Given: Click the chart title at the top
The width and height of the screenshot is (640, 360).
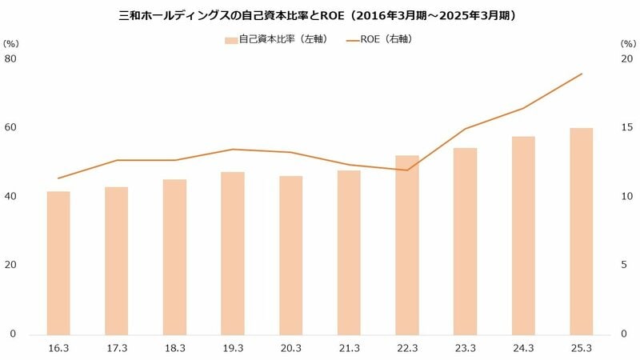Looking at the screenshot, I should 320,15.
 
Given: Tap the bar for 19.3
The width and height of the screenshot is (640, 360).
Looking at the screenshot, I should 233,253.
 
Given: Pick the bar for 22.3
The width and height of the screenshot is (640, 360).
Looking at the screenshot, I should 407,245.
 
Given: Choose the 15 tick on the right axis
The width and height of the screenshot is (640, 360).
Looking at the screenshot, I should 627,127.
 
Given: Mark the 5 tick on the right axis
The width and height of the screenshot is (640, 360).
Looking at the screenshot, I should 627,265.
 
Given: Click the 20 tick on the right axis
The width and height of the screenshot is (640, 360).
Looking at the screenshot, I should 627,58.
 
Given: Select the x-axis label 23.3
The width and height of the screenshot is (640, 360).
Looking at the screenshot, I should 466,348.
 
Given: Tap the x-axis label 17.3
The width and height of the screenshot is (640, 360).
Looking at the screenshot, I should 117,348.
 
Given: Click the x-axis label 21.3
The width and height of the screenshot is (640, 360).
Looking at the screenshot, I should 349,348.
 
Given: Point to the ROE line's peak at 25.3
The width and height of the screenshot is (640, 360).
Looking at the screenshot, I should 582,74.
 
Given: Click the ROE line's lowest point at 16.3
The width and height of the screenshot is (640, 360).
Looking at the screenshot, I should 58,178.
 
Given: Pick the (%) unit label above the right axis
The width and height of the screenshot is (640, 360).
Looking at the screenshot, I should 627,43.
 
